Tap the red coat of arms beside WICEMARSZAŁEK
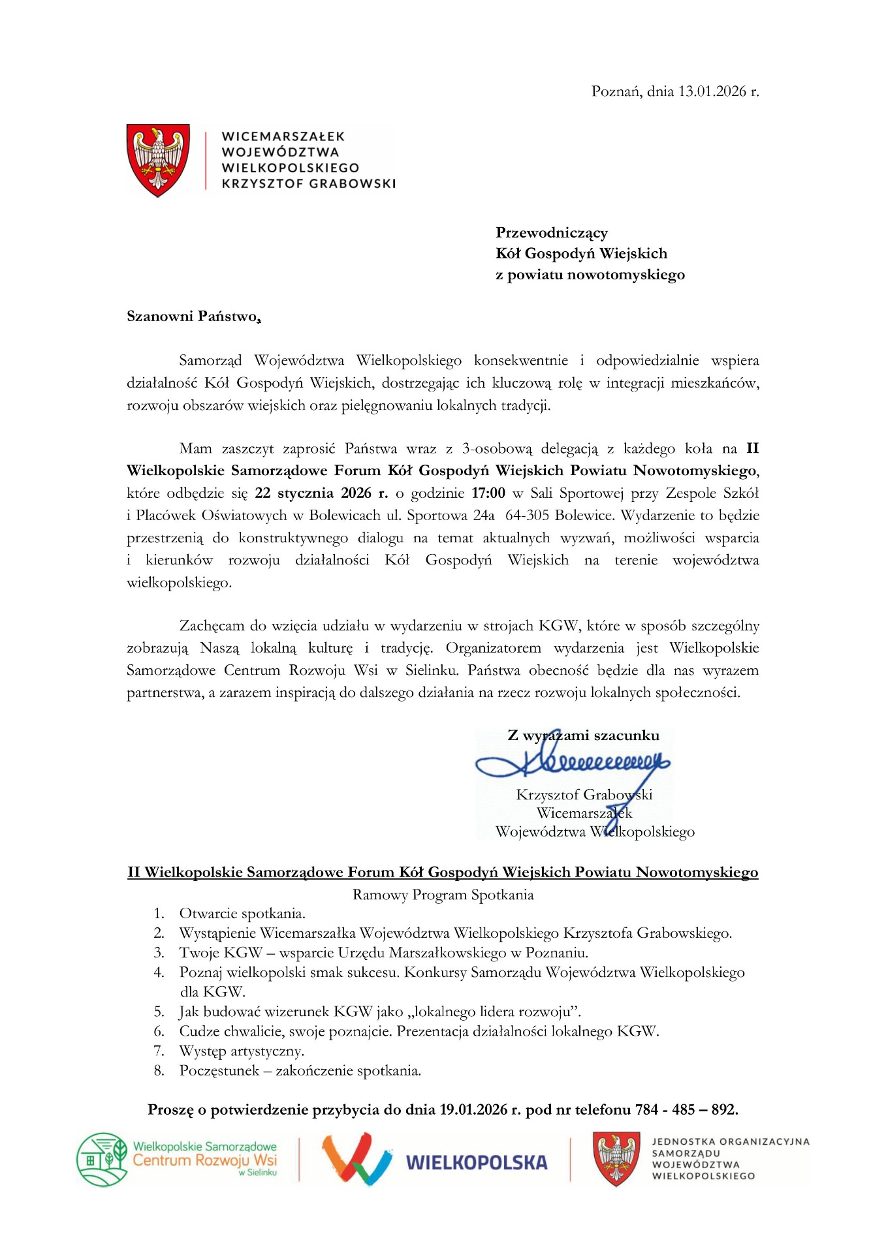click(x=158, y=159)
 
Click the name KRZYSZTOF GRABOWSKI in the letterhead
click(x=309, y=184)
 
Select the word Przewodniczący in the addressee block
click(x=552, y=233)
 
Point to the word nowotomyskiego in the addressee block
click(x=629, y=275)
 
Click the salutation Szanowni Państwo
click(x=193, y=317)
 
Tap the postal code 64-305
click(x=527, y=516)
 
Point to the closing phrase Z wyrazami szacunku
click(x=583, y=735)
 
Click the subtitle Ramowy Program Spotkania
click(x=443, y=895)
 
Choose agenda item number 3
click(x=384, y=953)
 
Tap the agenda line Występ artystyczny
click(x=242, y=1051)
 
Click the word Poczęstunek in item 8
click(x=219, y=1071)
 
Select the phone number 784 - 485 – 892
click(x=686, y=1110)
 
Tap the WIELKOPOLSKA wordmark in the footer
click(x=476, y=1163)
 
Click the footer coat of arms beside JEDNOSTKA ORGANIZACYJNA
click(x=615, y=1159)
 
